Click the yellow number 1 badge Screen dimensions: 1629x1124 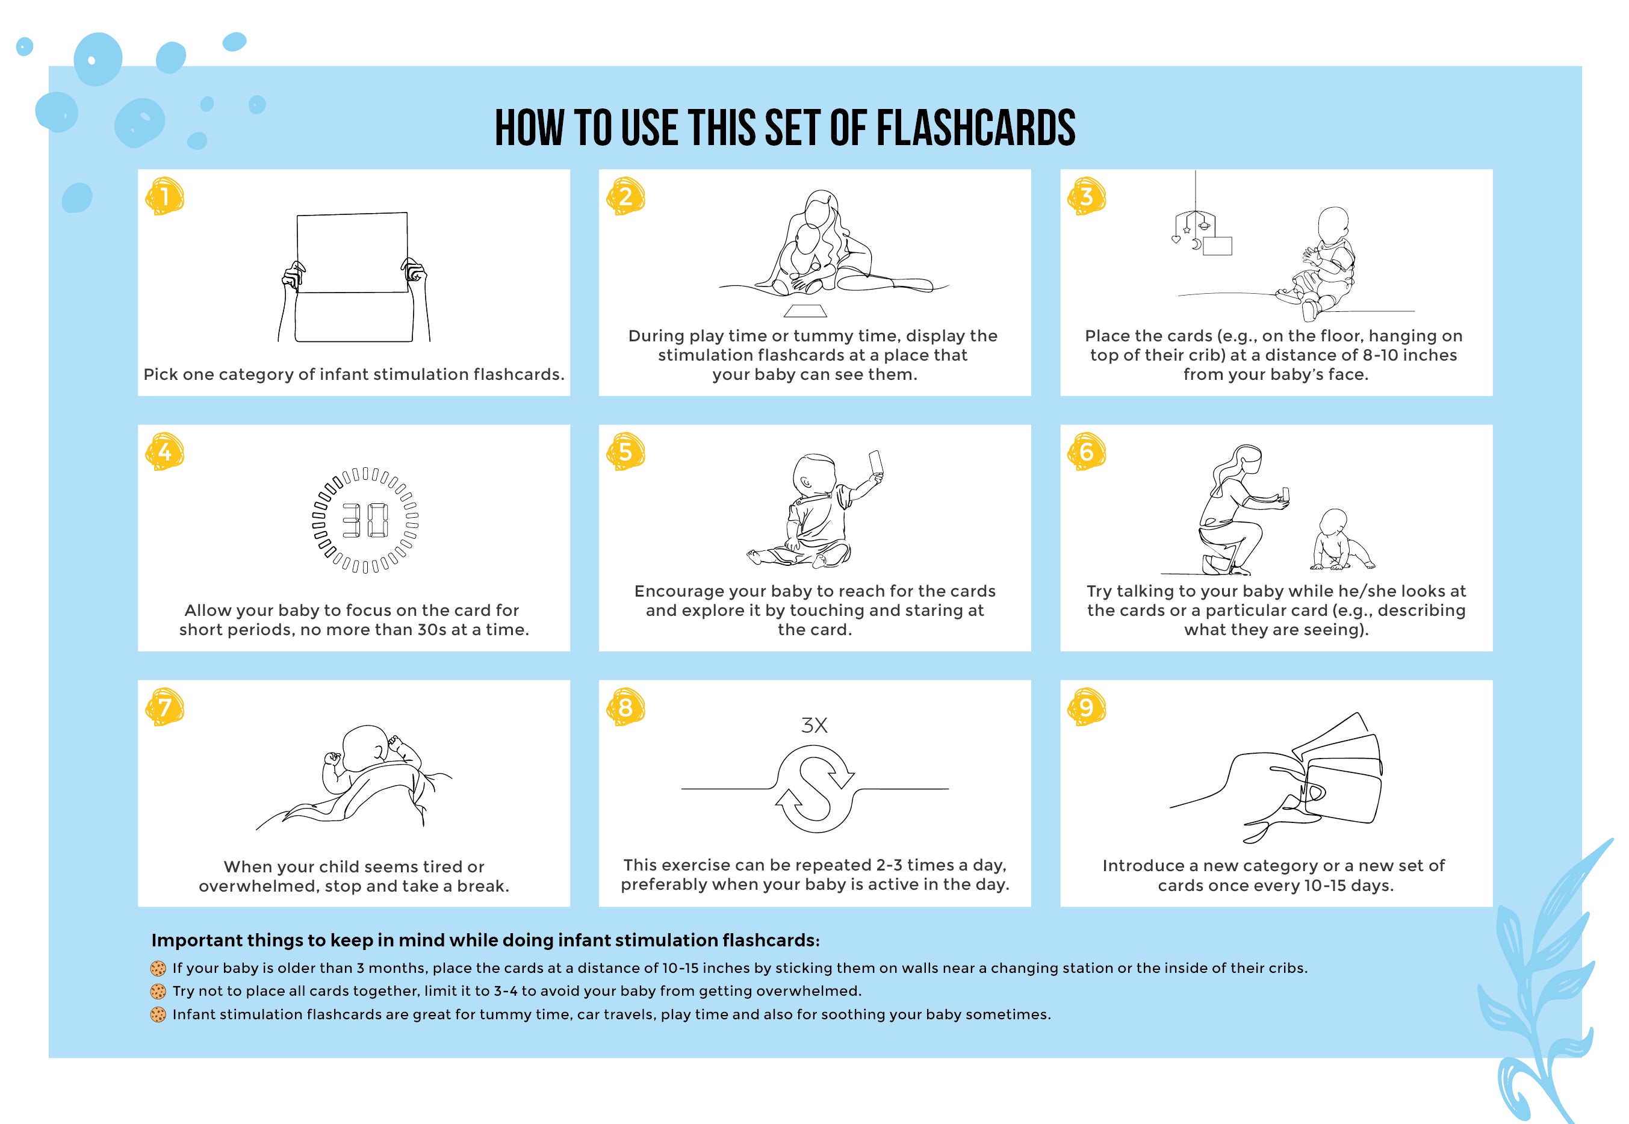point(165,196)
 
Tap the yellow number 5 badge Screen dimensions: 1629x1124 point(625,452)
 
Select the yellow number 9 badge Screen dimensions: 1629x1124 point(1087,707)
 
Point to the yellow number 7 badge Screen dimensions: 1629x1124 point(165,707)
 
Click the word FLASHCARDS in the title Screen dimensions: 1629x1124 point(975,128)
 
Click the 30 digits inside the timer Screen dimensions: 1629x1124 point(365,520)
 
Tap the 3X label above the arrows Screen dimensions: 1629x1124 point(814,725)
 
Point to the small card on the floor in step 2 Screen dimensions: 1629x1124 point(805,311)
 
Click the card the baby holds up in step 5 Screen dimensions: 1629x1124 point(877,464)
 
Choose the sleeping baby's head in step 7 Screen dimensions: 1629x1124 point(366,748)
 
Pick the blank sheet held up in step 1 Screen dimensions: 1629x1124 point(352,252)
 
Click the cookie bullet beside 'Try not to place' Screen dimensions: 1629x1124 point(158,992)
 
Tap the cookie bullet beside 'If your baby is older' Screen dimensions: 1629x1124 point(158,968)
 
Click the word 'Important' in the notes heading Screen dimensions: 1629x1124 point(191,941)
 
